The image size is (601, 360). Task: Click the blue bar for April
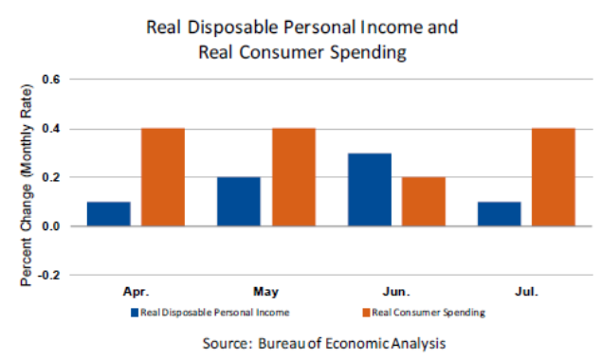108,214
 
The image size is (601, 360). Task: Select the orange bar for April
162,177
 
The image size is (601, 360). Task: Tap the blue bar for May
238,202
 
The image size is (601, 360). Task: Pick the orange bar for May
293,177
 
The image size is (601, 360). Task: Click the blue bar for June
369,189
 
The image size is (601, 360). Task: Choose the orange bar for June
423,202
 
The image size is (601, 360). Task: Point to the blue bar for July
499,214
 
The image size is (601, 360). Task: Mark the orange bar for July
553,177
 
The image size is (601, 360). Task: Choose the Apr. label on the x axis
136,294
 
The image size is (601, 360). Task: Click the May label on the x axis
265,294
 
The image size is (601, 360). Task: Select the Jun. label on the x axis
396,294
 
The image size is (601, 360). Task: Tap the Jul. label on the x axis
526,294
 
